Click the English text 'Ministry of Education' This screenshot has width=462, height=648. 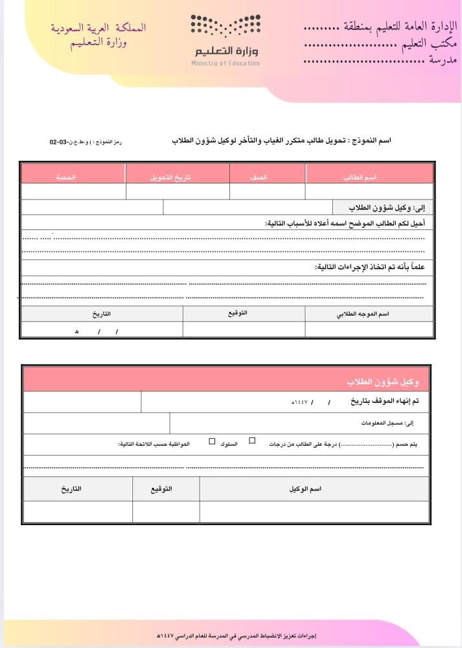(225, 63)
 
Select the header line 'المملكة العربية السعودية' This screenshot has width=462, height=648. (98, 29)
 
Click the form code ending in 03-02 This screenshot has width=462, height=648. (86, 141)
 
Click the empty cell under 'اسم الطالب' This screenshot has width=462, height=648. (369, 192)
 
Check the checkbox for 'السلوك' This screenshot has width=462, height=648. (252, 441)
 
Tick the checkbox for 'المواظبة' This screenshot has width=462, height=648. (212, 441)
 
